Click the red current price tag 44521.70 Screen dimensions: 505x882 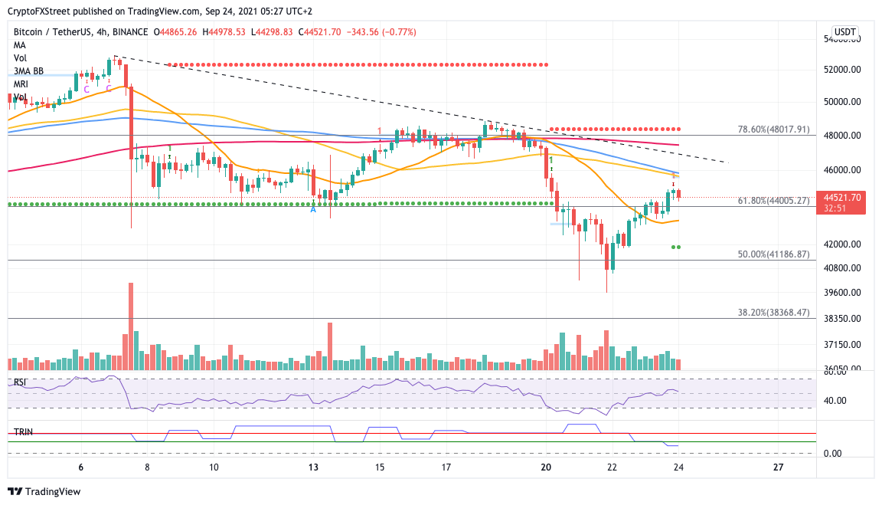pyautogui.click(x=839, y=202)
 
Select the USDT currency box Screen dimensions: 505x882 pyautogui.click(x=844, y=31)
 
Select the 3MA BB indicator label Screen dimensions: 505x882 pyautogui.click(x=28, y=71)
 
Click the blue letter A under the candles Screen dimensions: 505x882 pyautogui.click(x=313, y=210)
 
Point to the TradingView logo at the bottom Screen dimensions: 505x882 pyautogui.click(x=44, y=491)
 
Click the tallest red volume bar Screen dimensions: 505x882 pyautogui.click(x=131, y=326)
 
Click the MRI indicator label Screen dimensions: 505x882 pyautogui.click(x=21, y=84)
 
